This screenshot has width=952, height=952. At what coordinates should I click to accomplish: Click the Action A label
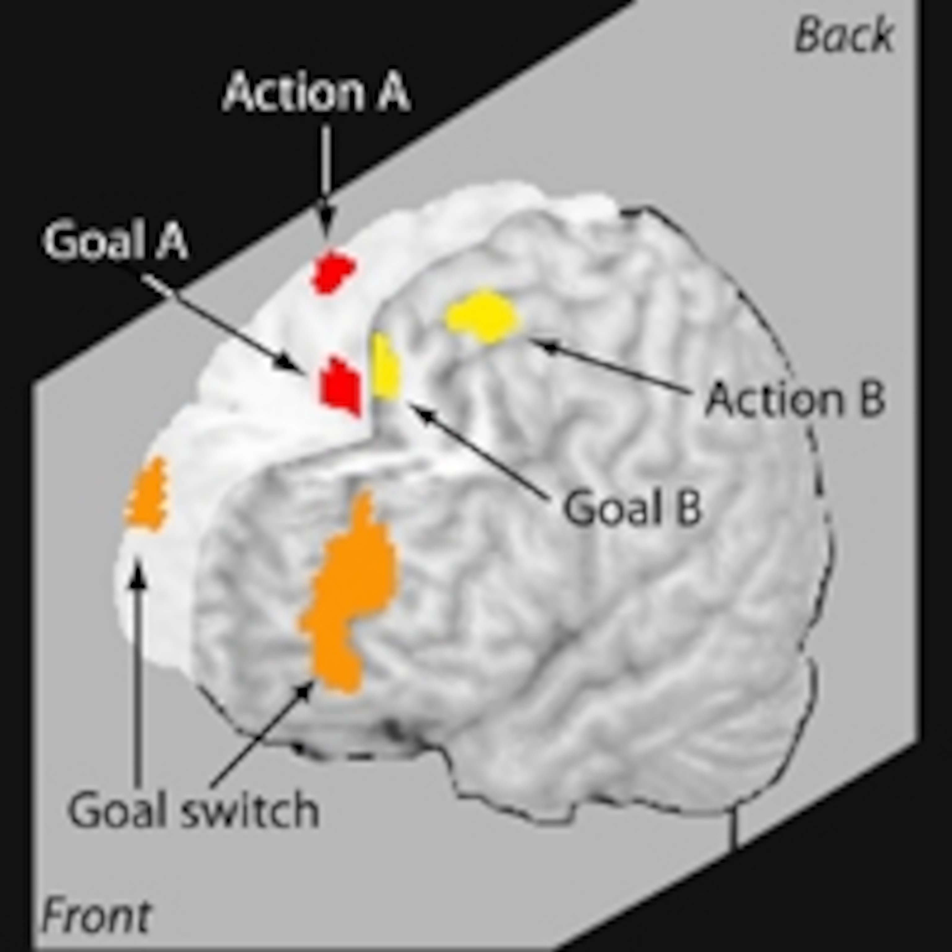pyautogui.click(x=316, y=92)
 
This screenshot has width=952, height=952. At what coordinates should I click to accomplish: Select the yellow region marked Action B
pyautogui.click(x=483, y=315)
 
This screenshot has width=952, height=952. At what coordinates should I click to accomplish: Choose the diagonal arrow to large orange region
pyautogui.click(x=261, y=734)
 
